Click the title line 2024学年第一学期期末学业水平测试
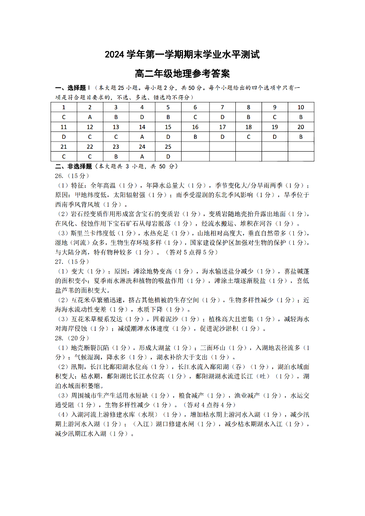pos(182,55)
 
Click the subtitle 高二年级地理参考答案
pos(182,73)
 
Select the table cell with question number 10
pos(301,107)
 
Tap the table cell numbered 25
pos(168,147)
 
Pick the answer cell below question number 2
pos(90,117)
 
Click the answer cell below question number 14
pos(142,136)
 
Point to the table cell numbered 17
pos(222,127)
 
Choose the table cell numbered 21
pos(63,147)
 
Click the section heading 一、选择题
pos(70,87)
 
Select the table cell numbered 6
pos(195,107)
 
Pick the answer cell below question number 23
pos(116,156)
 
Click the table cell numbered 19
pos(275,127)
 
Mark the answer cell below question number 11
pos(63,136)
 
